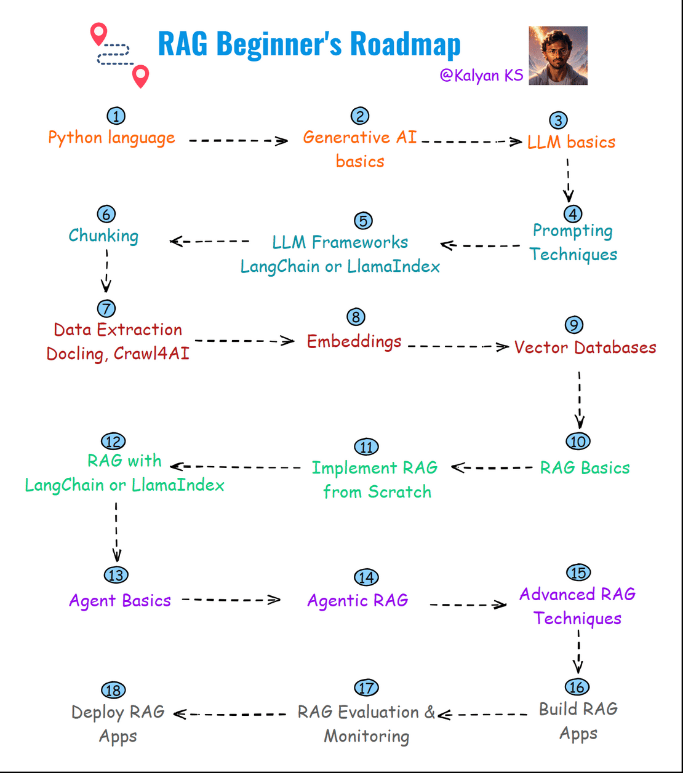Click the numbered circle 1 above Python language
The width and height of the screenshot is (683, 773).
pos(116,116)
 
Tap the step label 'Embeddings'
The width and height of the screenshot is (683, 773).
pos(354,341)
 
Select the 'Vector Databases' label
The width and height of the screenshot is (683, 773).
pos(585,347)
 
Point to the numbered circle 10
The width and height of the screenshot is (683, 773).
pos(578,441)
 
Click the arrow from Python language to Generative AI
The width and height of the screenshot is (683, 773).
pos(238,141)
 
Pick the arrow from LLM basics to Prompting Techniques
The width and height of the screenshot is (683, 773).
pos(568,180)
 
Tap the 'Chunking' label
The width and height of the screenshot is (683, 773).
pos(103,236)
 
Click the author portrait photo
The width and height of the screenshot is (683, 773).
pos(557,55)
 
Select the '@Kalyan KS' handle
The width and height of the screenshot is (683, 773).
pos(481,75)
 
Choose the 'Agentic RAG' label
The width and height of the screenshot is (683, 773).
pos(357,601)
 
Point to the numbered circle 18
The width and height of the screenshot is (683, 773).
pos(113,690)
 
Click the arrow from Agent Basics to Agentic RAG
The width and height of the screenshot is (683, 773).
pos(231,600)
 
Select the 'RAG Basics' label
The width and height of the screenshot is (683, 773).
pos(585,468)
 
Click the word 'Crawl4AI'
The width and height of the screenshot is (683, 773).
pos(151,354)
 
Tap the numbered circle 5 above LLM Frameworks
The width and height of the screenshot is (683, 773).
pos(363,221)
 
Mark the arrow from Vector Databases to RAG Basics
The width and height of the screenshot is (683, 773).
pos(580,400)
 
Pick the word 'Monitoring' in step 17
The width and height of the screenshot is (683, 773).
pos(367,736)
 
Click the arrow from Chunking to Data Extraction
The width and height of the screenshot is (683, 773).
pos(106,271)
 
